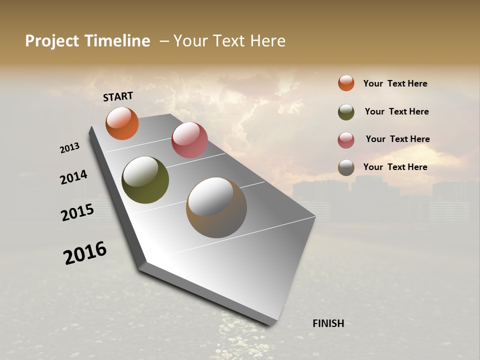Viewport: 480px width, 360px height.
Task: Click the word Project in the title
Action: (x=51, y=41)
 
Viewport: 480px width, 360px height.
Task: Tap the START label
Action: (x=118, y=96)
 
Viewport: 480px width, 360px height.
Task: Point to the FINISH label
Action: (x=328, y=323)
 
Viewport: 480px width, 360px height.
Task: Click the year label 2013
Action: (x=69, y=148)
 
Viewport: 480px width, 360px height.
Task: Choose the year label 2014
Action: (x=73, y=177)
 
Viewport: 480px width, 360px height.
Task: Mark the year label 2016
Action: (x=85, y=253)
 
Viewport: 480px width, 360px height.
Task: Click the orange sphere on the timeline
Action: (x=122, y=123)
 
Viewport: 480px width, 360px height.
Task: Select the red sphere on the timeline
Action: (x=189, y=140)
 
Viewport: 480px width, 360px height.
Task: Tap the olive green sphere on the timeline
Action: (x=145, y=180)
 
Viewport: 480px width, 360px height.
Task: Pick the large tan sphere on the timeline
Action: (x=216, y=207)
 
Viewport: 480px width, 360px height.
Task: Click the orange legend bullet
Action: (x=346, y=83)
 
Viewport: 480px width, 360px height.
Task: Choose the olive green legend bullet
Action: (x=346, y=112)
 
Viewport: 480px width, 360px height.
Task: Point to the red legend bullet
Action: (x=346, y=140)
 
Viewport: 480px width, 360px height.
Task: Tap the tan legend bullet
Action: (x=346, y=168)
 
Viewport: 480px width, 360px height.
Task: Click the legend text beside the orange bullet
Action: (x=395, y=83)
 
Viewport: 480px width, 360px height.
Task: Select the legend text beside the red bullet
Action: (x=397, y=139)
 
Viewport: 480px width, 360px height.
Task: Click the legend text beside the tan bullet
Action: (x=395, y=167)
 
